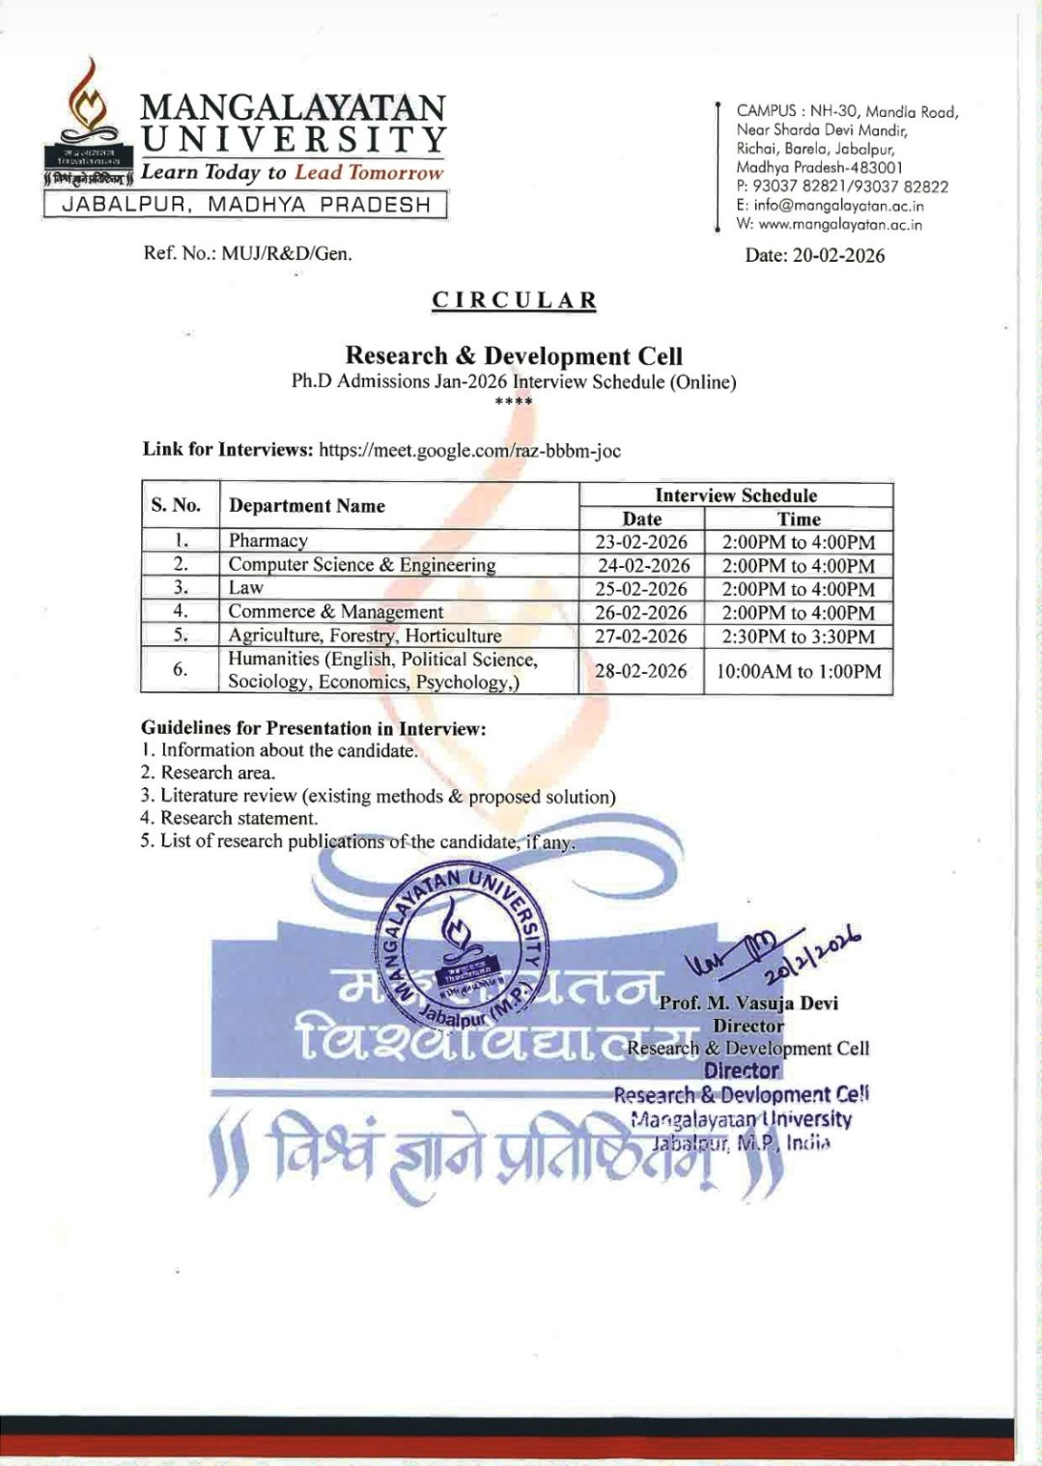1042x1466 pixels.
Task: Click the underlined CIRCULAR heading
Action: tap(514, 300)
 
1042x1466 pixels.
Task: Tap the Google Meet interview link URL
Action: tap(469, 450)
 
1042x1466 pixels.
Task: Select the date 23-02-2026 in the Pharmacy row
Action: tap(641, 542)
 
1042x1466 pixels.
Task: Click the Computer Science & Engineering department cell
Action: tap(361, 565)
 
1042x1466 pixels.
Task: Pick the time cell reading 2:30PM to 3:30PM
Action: tap(798, 636)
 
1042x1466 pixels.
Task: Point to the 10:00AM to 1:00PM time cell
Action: tap(798, 671)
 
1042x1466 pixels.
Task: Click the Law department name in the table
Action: tap(246, 588)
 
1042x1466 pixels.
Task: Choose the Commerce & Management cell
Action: tap(335, 612)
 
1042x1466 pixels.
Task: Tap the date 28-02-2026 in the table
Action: tap(641, 671)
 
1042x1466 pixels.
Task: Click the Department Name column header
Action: tap(306, 506)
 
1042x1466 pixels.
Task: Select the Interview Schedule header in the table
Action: tap(736, 495)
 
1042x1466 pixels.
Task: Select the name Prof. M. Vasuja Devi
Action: tap(748, 1003)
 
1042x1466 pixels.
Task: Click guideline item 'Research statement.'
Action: tap(238, 818)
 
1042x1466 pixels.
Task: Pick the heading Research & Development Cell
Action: tap(514, 356)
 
